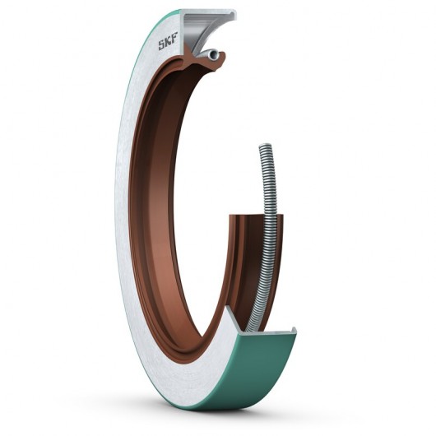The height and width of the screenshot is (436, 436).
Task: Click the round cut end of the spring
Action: click(214, 54)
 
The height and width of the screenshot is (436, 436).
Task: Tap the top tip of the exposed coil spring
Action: click(263, 147)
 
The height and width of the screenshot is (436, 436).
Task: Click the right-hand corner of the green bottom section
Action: click(295, 332)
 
